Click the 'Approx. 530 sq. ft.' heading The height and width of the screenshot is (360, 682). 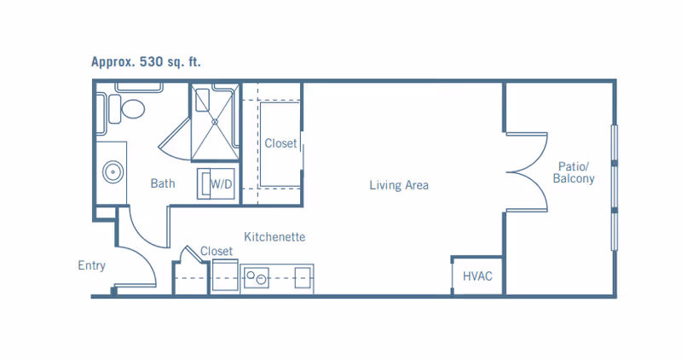(146, 61)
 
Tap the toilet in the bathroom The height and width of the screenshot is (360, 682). (126, 109)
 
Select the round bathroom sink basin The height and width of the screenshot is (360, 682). (113, 172)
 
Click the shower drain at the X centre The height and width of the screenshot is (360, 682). (215, 122)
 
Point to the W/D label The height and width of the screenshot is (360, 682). (222, 184)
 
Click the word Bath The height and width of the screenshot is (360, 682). (163, 183)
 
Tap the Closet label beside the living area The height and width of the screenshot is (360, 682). (280, 143)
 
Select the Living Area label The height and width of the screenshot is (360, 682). (399, 185)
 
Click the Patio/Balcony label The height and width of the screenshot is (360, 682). (573, 172)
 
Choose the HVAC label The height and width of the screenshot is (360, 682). (477, 276)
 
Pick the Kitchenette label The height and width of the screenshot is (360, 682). (275, 237)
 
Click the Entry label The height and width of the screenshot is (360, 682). (92, 265)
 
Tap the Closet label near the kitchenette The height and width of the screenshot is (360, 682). (217, 251)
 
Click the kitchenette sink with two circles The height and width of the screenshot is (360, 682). (257, 278)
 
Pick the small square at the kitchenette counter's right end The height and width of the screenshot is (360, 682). (303, 278)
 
